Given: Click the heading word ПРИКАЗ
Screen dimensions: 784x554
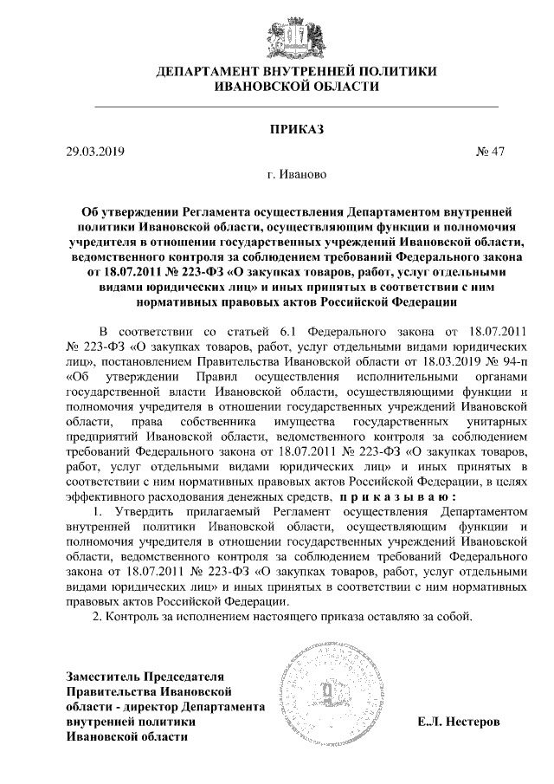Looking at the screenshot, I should click(x=277, y=130).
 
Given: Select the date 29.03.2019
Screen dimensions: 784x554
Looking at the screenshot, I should click(x=95, y=152).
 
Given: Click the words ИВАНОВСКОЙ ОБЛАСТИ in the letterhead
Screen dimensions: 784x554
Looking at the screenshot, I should click(x=277, y=87).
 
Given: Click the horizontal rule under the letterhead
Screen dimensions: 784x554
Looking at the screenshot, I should click(x=277, y=104).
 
